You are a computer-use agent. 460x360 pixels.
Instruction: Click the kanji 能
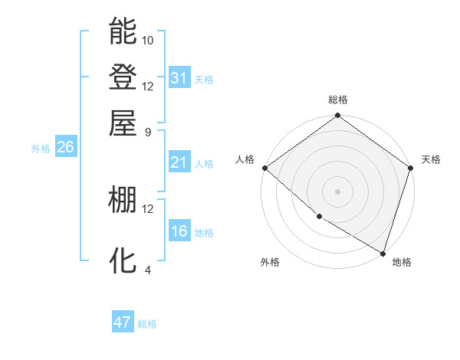pyautogui.click(x=123, y=31)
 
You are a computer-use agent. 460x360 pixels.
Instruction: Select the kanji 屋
pyautogui.click(x=123, y=122)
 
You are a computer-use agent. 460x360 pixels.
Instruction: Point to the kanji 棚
pyautogui.click(x=123, y=200)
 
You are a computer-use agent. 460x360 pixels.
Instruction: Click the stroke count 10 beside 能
pyautogui.click(x=148, y=40)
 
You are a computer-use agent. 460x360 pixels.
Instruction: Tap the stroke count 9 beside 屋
pyautogui.click(x=148, y=131)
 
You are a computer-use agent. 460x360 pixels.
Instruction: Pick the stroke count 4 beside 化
pyautogui.click(x=148, y=270)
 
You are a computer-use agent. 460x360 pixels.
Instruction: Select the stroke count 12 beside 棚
pyautogui.click(x=148, y=208)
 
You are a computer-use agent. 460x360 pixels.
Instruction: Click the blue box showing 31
pyautogui.click(x=179, y=77)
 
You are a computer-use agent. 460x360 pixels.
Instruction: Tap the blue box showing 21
pyautogui.click(x=179, y=162)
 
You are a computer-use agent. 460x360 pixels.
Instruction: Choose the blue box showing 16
pyautogui.click(x=179, y=231)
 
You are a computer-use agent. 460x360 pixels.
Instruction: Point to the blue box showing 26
pyautogui.click(x=65, y=148)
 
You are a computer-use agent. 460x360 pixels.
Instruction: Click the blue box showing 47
pyautogui.click(x=123, y=322)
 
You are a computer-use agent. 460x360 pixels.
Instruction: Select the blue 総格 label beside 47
pyautogui.click(x=147, y=324)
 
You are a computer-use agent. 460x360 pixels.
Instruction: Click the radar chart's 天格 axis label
pyautogui.click(x=431, y=159)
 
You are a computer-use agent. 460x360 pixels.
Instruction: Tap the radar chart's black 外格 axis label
pyautogui.click(x=270, y=262)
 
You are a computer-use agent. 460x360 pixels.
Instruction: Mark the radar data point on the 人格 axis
pyautogui.click(x=264, y=168)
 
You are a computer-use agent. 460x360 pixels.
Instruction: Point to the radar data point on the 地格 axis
pyautogui.click(x=383, y=253)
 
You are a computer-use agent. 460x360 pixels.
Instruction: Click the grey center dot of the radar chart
pyautogui.click(x=337, y=191)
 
